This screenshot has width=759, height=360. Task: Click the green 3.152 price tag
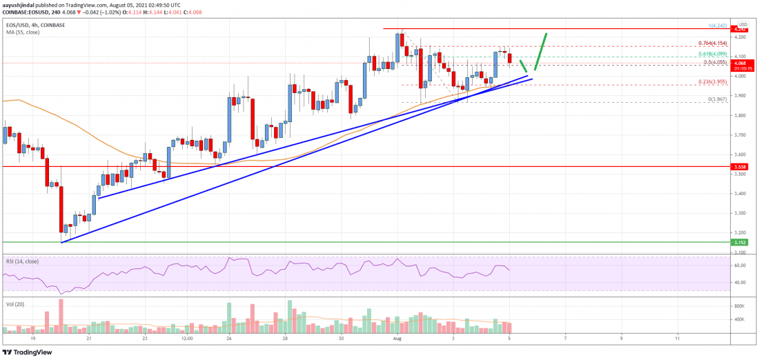pos(739,243)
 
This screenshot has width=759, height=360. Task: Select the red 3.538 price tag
pos(739,167)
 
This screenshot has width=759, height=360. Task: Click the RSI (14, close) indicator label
pos(23,262)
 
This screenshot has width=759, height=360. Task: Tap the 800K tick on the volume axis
pos(738,305)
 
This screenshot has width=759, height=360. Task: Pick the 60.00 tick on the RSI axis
pos(738,265)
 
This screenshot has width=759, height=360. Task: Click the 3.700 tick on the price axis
pos(738,135)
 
